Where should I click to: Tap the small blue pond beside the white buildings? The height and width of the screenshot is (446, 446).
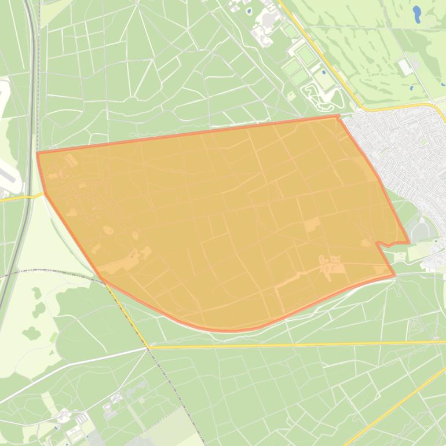click(249, 11)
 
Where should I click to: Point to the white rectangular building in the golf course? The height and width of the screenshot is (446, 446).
click(405, 67)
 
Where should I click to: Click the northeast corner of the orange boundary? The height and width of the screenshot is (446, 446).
click(338, 116)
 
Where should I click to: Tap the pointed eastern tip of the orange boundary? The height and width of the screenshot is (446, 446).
click(409, 242)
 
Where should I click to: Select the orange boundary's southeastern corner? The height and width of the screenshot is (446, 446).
click(394, 275)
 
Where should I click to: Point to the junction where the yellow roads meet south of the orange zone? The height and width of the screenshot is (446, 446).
click(148, 347)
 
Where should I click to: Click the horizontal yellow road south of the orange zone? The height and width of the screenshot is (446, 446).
click(290, 345)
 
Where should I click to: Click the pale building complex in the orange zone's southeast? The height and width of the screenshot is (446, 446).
click(330, 266)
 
